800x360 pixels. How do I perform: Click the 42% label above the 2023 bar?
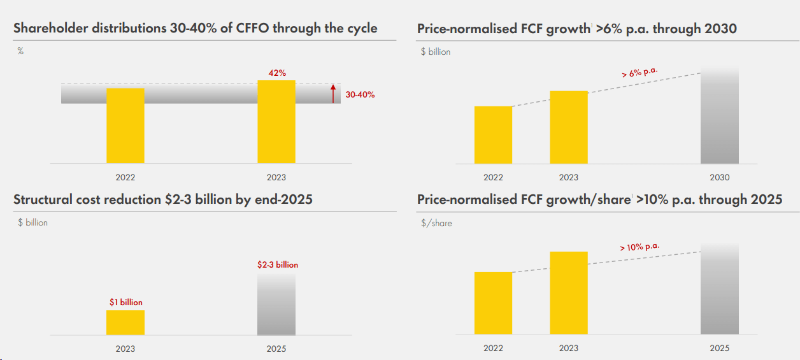point(276,73)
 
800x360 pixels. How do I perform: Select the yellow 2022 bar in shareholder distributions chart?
point(125,126)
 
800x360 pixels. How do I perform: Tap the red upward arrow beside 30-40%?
point(332,94)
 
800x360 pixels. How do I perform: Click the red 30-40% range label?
point(360,95)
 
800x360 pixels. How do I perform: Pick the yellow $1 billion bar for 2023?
point(125,322)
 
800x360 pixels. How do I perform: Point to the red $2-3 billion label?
point(277,264)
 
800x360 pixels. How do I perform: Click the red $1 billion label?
point(125,302)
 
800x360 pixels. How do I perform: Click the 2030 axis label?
point(719,177)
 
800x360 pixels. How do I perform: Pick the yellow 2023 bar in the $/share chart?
point(569,293)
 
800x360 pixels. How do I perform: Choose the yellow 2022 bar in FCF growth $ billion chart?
point(493,135)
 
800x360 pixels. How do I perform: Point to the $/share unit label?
point(436,223)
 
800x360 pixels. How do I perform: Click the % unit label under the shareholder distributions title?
point(20,51)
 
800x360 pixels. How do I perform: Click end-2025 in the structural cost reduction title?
point(283,199)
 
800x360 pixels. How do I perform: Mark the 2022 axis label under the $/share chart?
point(493,348)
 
